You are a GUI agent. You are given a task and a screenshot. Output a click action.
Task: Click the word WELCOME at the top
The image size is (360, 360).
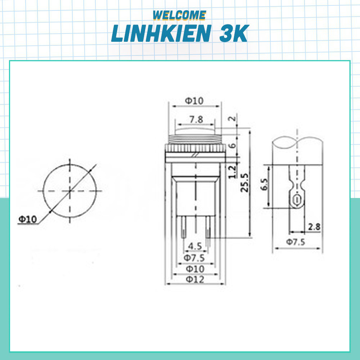[179, 15]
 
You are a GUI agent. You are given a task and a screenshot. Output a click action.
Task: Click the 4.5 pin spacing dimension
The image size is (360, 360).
[195, 246]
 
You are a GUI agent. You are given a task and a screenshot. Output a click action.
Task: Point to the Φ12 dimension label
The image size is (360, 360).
[194, 279]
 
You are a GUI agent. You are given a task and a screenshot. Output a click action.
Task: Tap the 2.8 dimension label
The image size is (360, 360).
[314, 227]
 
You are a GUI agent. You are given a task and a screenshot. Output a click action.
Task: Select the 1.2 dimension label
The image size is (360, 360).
[232, 171]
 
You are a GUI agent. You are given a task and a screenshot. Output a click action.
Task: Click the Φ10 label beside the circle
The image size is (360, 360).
[28, 219]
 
